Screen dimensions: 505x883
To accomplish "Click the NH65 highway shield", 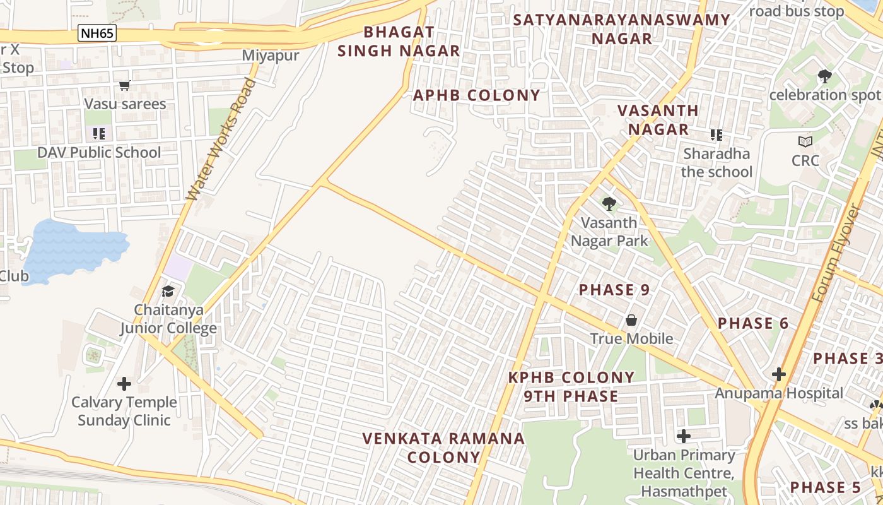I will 97,33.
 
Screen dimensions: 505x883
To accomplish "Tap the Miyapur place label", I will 271,56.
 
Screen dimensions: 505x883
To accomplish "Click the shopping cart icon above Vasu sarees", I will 124,85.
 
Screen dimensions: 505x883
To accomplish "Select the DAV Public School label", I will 99,153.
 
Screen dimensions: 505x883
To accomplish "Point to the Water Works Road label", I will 221,140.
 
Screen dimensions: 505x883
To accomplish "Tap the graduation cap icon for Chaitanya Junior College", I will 168,291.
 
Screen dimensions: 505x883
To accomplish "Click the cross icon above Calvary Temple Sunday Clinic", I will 124,383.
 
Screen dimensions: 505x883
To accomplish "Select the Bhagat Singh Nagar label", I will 399,42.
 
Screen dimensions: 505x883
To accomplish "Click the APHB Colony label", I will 476,95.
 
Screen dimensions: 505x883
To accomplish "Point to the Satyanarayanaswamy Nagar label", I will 621,29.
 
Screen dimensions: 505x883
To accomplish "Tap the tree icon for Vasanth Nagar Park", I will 609,204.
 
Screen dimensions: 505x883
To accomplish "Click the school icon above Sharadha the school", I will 716,135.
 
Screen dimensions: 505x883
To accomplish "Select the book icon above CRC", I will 805,141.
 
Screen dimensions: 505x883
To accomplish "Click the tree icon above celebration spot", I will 824,76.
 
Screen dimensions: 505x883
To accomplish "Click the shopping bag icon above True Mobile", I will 631,321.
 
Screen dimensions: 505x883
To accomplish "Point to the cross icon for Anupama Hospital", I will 779,374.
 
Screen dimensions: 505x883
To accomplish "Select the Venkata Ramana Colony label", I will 443,448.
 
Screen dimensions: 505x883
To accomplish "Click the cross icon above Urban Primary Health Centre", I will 684,436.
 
